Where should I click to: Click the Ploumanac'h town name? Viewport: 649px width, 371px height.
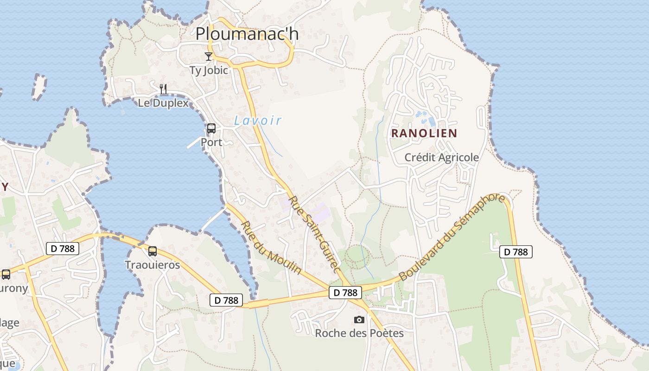[247, 34]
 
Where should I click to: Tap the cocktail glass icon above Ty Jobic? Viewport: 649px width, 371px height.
[209, 57]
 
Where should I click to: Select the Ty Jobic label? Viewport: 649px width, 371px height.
[209, 70]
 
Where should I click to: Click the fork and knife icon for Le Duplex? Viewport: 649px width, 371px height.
[163, 89]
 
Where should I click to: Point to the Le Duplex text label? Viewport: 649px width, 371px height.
[163, 103]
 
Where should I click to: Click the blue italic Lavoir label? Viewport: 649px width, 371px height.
[258, 121]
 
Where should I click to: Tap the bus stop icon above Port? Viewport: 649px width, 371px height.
[211, 128]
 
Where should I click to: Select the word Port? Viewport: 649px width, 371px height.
[211, 142]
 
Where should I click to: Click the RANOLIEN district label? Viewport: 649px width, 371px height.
[424, 134]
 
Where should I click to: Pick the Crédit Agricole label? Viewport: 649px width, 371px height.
[441, 158]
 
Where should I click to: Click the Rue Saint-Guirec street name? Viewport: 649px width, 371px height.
[315, 235]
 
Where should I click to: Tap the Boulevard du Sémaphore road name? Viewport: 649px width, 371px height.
[452, 237]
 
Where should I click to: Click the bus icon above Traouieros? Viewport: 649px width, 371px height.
[152, 251]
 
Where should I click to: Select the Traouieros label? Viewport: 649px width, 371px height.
[152, 265]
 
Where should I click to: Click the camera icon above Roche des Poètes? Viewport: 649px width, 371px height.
[359, 320]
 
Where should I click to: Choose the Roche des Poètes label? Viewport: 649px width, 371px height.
[359, 333]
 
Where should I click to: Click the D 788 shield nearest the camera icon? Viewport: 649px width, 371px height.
[345, 293]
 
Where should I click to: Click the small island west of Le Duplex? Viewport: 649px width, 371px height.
[39, 86]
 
